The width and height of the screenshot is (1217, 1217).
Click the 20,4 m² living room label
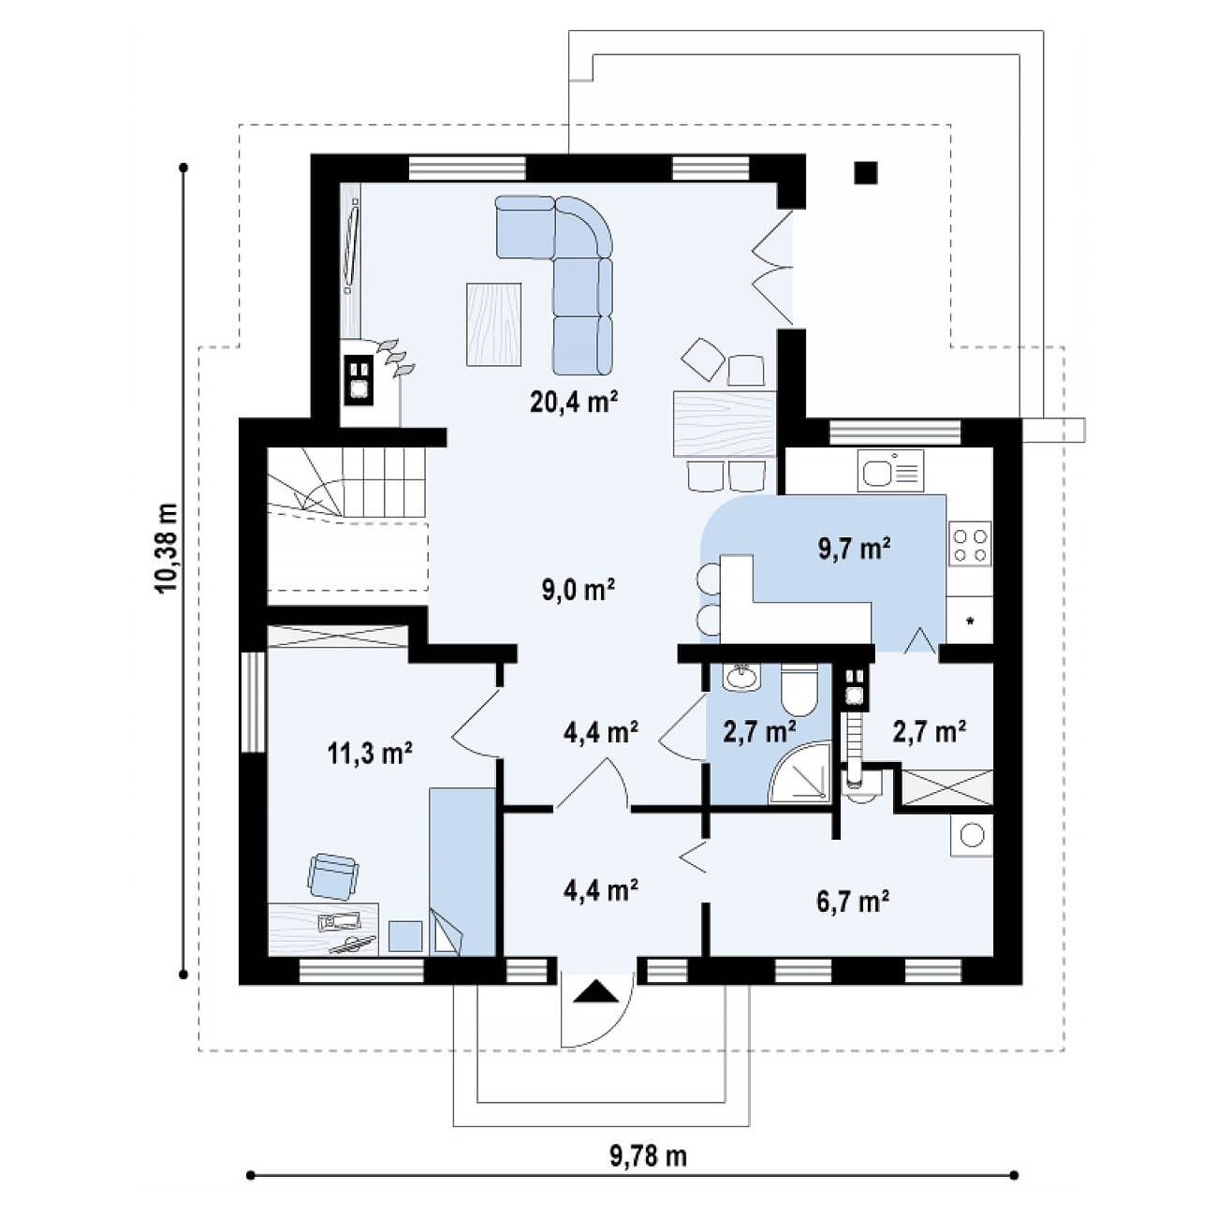pyautogui.click(x=574, y=401)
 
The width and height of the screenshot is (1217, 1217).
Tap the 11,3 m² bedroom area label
pyautogui.click(x=370, y=753)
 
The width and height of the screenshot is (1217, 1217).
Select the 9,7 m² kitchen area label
pyautogui.click(x=855, y=549)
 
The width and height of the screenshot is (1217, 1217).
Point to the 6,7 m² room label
pyautogui.click(x=853, y=902)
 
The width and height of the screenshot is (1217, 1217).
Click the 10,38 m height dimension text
pyautogui.click(x=166, y=549)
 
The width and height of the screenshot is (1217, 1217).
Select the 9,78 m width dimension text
pyautogui.click(x=648, y=1156)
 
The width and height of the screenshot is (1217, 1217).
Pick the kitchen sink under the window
pyautogui.click(x=890, y=471)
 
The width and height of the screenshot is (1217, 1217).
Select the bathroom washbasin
pyautogui.click(x=741, y=677)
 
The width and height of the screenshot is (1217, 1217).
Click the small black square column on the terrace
pyautogui.click(x=865, y=172)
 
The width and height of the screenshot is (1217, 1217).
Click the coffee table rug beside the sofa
pyautogui.click(x=494, y=324)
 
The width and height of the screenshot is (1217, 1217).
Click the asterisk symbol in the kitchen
pyautogui.click(x=970, y=622)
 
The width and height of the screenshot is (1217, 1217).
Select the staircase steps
pyautogui.click(x=346, y=482)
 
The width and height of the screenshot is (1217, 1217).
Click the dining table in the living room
pyautogui.click(x=725, y=424)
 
